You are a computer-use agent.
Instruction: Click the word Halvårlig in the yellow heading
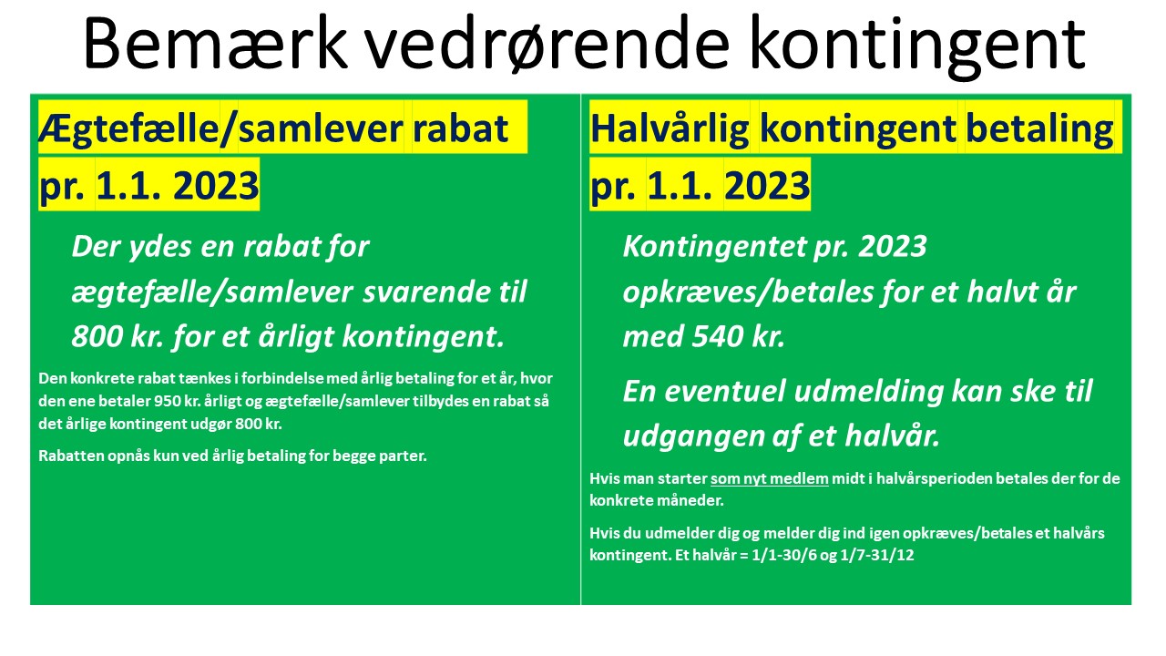pos(670,129)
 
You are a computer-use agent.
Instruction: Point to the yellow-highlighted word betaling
pos(1039,129)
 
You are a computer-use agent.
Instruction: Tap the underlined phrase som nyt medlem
pos(770,478)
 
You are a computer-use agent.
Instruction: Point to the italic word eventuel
pos(724,392)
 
